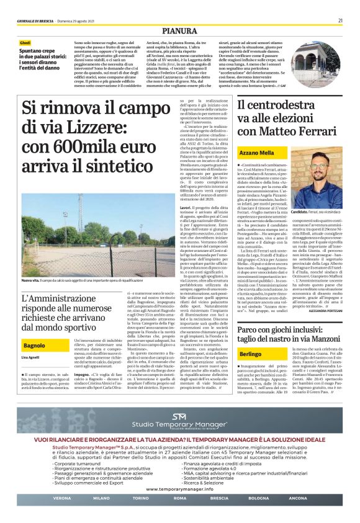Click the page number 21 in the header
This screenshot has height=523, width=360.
pos(341,20)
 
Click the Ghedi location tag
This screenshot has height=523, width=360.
pos(24,42)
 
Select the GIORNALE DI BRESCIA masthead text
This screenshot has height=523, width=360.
pos(37,20)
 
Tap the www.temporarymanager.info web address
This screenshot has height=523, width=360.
pos(179,489)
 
